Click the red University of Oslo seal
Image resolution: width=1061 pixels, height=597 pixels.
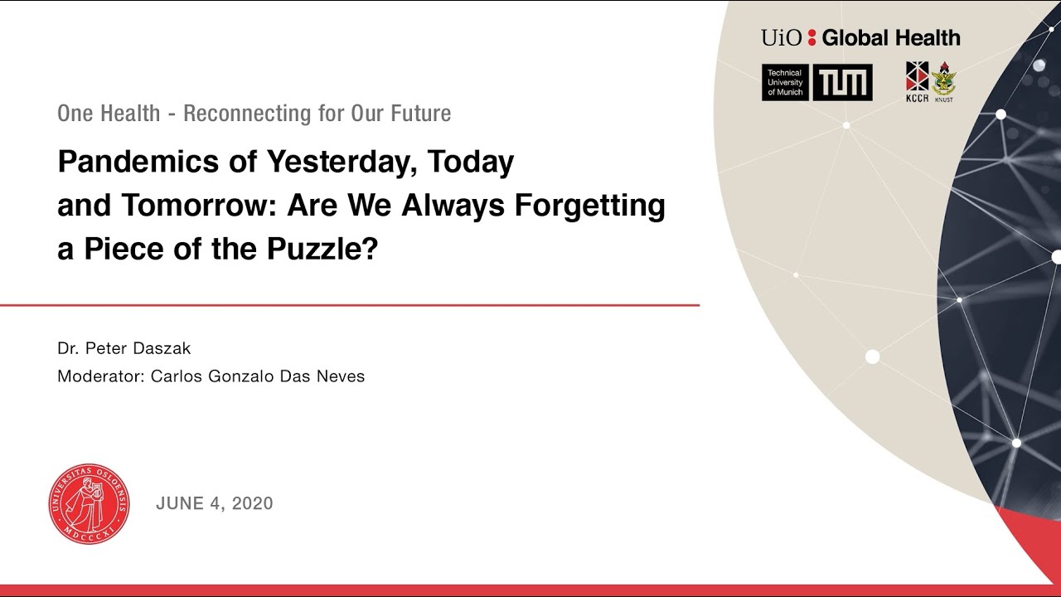click(x=90, y=503)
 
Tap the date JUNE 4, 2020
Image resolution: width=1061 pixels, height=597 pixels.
click(x=214, y=503)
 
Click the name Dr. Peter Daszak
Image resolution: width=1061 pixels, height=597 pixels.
click(x=124, y=349)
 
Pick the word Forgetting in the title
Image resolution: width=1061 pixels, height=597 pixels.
click(x=589, y=206)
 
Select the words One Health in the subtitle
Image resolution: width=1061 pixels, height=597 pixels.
click(x=109, y=114)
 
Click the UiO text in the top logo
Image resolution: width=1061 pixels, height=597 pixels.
click(x=782, y=37)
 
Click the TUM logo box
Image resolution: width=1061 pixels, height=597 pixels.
click(x=842, y=83)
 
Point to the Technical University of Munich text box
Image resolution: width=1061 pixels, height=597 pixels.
click(x=785, y=83)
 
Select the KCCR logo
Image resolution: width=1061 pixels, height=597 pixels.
click(x=917, y=81)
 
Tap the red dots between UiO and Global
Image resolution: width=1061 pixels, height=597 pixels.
click(x=811, y=37)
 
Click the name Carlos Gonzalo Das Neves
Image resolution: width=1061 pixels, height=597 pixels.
click(x=258, y=376)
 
